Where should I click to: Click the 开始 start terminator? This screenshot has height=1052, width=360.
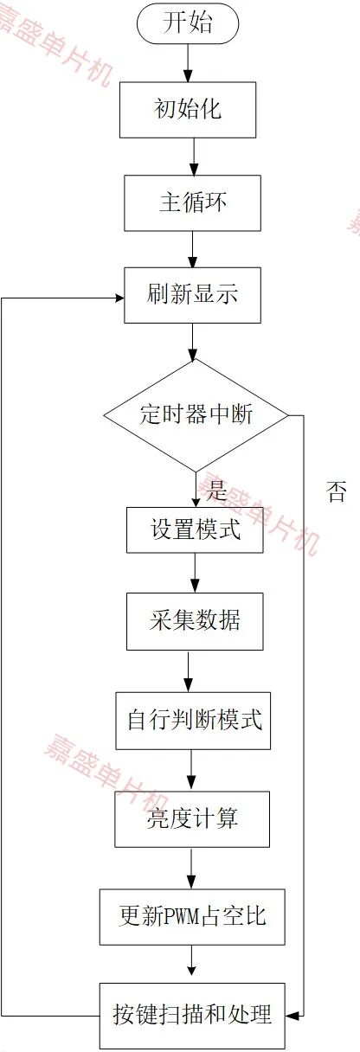click(188, 22)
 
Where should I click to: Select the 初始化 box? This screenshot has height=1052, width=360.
click(188, 110)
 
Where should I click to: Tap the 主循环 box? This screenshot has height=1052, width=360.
click(192, 203)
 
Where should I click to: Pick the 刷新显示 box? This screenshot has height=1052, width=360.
click(192, 295)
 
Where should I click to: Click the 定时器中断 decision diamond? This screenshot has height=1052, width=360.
click(196, 415)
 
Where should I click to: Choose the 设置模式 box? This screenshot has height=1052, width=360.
click(195, 529)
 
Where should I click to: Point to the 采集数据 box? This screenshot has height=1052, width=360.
click(195, 621)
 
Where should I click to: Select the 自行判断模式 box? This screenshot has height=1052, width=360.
click(193, 721)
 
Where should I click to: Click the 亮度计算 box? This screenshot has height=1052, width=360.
click(192, 819)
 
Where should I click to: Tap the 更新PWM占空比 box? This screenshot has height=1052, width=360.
click(192, 917)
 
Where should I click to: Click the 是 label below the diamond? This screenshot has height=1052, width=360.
click(216, 491)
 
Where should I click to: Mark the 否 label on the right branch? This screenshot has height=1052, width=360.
click(337, 492)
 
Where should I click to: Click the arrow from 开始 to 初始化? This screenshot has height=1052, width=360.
click(188, 61)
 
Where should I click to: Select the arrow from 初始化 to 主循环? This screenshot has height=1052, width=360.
click(193, 157)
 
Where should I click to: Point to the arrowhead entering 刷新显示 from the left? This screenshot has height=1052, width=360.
click(119, 298)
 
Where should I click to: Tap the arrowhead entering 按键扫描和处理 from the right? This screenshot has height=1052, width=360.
click(292, 1016)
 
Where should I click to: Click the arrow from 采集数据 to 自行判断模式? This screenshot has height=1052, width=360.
click(188, 671)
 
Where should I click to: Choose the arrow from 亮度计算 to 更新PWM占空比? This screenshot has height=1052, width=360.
click(191, 869)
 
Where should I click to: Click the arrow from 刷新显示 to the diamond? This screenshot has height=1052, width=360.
click(192, 342)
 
